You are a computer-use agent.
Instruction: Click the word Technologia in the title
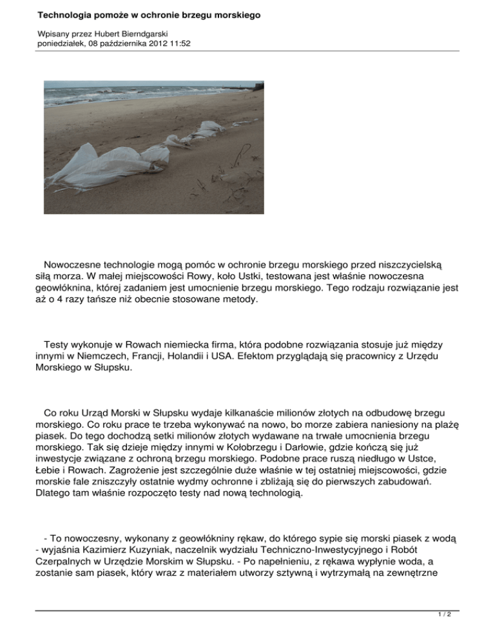[68, 14]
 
